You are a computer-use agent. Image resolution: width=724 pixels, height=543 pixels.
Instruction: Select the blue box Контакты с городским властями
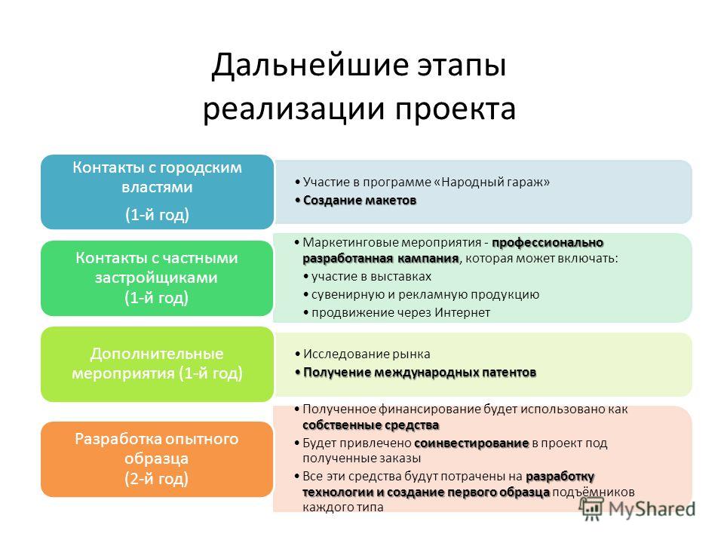157,192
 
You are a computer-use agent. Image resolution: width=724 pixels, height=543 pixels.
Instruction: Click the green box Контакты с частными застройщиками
157,278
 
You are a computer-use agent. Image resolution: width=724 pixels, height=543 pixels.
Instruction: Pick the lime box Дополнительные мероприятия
157,364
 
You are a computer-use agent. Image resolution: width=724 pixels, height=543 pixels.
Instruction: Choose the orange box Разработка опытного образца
157,459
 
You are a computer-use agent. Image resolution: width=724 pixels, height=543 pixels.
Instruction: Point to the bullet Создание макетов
356,201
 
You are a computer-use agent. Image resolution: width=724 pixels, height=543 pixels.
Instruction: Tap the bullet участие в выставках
367,277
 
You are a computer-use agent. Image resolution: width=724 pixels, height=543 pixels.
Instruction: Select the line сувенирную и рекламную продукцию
422,295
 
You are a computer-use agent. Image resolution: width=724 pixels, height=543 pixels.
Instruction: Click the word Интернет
462,312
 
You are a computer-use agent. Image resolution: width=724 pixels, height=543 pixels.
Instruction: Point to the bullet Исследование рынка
363,354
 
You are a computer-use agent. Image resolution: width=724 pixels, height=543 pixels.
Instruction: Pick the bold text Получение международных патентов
416,372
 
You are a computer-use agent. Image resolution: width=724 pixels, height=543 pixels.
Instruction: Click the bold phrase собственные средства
371,425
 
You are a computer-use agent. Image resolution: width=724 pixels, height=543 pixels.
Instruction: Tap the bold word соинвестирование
471,443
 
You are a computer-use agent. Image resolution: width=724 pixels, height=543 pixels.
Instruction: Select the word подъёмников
594,492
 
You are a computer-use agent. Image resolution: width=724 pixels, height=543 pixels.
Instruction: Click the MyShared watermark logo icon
591,509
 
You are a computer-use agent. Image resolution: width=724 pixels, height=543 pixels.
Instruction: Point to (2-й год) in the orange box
157,479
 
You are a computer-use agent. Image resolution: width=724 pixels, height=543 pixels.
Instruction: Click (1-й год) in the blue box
157,215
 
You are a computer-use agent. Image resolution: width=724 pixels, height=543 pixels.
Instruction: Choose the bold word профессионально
548,243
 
